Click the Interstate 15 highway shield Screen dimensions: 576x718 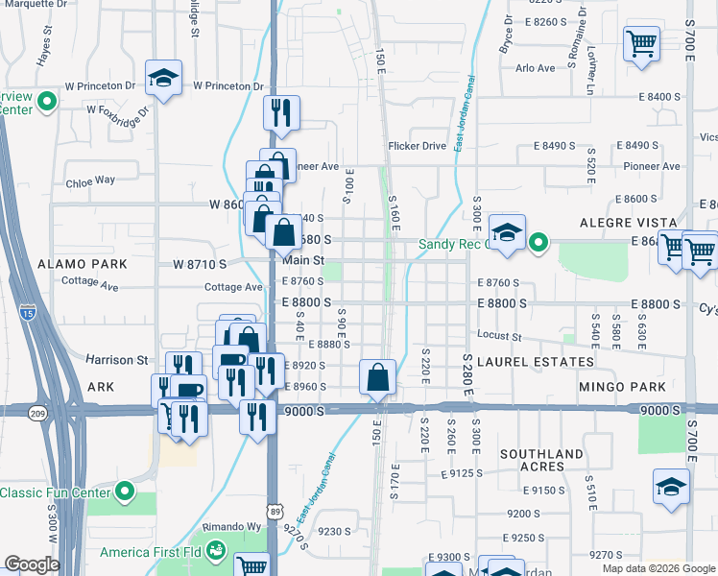(29, 312)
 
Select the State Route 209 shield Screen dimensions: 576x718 (37, 414)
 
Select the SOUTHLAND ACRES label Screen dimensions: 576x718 (541, 460)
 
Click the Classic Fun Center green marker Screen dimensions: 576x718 (124, 493)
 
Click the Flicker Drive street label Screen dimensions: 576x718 (418, 146)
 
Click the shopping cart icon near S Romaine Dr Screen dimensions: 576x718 (641, 43)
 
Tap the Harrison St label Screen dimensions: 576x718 (117, 360)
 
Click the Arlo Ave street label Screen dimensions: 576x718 (536, 68)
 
